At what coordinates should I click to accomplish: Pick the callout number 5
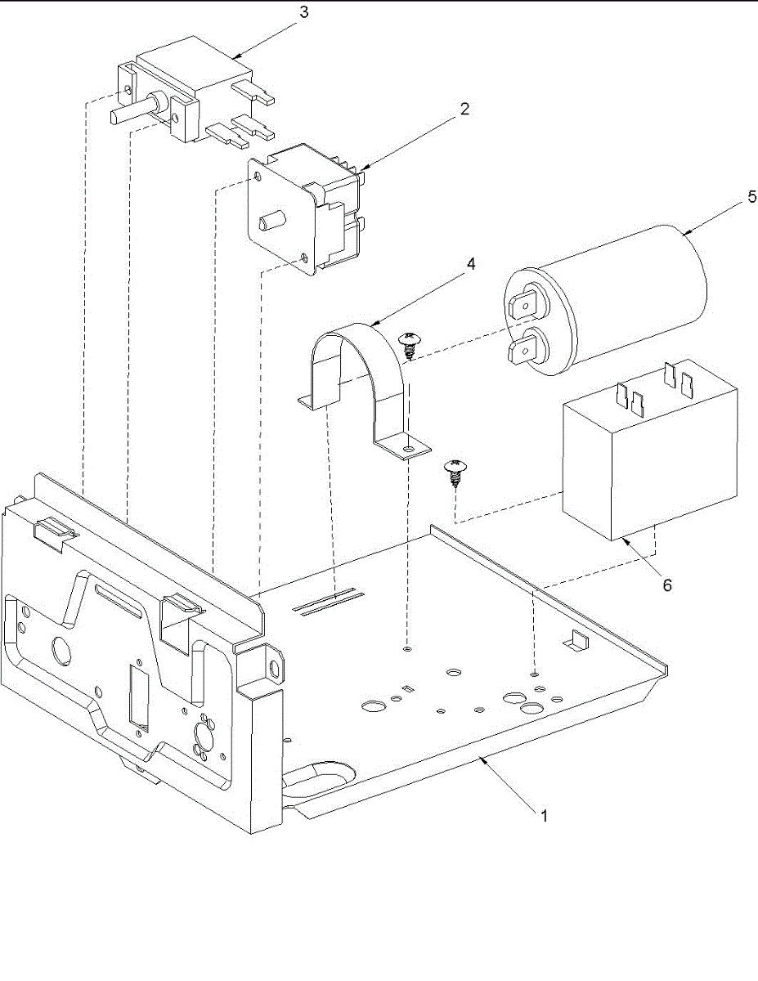[x=751, y=197]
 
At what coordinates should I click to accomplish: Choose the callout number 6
[x=667, y=585]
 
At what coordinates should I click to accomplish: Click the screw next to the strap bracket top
[x=408, y=343]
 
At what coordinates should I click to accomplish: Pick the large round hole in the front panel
[x=61, y=651]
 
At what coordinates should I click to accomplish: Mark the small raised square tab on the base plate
[x=578, y=640]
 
